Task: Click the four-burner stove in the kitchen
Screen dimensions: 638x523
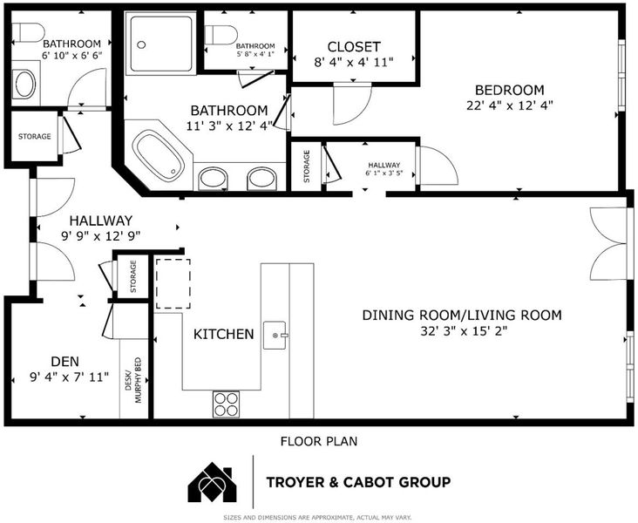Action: coord(226,404)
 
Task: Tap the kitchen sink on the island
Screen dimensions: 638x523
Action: coord(275,336)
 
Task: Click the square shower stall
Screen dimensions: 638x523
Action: coord(160,43)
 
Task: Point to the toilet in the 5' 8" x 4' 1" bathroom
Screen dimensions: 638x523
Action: coord(221,35)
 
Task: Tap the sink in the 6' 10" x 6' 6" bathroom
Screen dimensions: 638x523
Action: coord(25,85)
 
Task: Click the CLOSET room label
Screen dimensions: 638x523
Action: coord(354,47)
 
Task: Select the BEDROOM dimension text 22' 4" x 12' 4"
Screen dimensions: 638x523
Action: coord(509,105)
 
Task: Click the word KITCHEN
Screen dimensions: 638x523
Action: coord(223,334)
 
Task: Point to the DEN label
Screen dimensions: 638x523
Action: coord(65,362)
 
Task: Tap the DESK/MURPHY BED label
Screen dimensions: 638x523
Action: coord(133,380)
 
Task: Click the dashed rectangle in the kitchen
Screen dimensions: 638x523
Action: coord(173,283)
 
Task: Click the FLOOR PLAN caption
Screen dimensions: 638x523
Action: coord(319,441)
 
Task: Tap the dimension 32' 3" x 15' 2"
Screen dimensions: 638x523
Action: coord(464,331)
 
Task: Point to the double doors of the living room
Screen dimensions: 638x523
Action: coord(608,244)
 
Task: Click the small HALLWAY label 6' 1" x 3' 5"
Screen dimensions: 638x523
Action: coord(384,169)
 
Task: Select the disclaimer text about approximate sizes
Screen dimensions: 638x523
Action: coord(317,517)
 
